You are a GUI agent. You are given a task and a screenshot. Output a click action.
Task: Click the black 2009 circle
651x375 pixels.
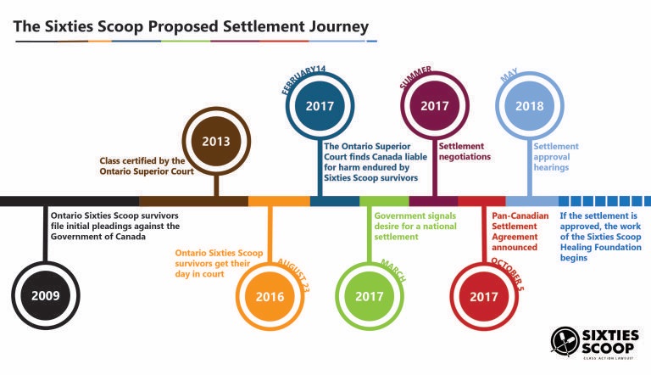tap(46, 295)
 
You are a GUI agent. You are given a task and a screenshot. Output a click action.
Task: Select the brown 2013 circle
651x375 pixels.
tap(216, 141)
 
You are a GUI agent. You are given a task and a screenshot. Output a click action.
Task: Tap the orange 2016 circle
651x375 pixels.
tap(270, 296)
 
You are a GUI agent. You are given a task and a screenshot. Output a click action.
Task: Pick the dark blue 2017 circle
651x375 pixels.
tap(320, 105)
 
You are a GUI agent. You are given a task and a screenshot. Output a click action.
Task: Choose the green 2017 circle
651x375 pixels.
tap(369, 296)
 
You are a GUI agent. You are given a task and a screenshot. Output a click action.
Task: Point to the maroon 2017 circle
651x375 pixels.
tap(435, 105)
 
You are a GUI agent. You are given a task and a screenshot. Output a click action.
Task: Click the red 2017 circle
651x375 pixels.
tap(484, 296)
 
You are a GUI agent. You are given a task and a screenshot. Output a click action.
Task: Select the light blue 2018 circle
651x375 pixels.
tap(529, 105)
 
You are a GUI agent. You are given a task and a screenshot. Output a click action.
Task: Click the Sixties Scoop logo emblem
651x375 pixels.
tap(565, 341)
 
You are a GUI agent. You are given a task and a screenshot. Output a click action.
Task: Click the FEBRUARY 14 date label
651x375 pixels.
tap(303, 80)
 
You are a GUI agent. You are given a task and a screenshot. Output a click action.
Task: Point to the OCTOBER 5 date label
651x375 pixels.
tap(508, 273)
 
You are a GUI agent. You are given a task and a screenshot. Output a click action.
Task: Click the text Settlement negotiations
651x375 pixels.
tap(465, 151)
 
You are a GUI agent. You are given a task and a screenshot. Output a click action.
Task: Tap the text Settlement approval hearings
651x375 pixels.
tap(556, 157)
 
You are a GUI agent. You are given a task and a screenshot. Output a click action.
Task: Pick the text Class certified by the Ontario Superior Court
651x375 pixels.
tap(147, 166)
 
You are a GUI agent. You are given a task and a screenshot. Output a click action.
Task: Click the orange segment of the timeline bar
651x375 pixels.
tap(279, 201)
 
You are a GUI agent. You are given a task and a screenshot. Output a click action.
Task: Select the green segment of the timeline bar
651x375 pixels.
tap(384, 201)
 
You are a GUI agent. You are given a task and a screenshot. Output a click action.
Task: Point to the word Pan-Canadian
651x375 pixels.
tap(520, 215)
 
